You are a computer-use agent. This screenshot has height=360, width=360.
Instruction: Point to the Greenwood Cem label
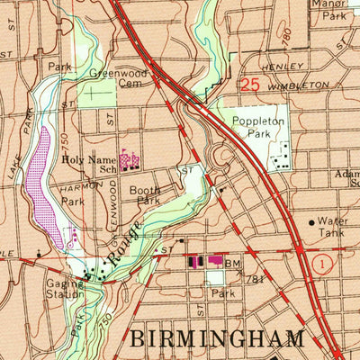click(112, 82)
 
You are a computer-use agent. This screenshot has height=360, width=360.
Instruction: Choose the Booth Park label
click(144, 195)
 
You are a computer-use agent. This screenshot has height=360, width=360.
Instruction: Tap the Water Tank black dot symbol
click(312, 220)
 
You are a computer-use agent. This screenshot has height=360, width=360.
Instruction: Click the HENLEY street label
click(278, 67)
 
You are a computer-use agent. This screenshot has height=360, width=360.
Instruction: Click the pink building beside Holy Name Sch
click(130, 161)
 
